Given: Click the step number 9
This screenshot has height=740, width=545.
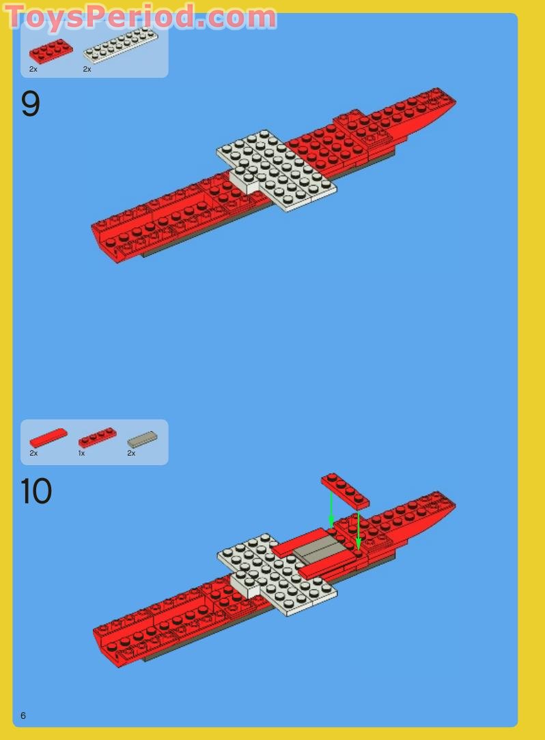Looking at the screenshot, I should click(x=31, y=105).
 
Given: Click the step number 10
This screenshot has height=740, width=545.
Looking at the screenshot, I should click(x=36, y=491).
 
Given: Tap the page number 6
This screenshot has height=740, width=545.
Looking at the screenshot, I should click(x=23, y=715).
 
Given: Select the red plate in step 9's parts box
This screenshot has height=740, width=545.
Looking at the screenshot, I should click(x=51, y=51).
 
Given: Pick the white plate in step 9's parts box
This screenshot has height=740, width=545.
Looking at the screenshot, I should click(x=120, y=45).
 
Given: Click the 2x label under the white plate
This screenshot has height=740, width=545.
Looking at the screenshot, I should click(x=87, y=69).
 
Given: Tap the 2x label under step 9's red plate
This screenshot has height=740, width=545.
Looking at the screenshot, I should click(x=33, y=69).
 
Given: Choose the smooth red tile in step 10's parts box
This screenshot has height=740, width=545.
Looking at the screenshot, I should click(x=48, y=437).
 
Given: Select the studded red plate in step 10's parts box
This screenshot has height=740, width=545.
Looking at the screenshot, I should click(x=98, y=437).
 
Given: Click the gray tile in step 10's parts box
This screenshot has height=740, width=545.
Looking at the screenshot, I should click(x=142, y=439).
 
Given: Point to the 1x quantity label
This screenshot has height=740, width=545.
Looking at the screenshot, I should click(x=81, y=453).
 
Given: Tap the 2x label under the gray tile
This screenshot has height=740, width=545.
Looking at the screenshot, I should click(x=131, y=453).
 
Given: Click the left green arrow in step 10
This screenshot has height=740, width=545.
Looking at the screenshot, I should click(x=331, y=509).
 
